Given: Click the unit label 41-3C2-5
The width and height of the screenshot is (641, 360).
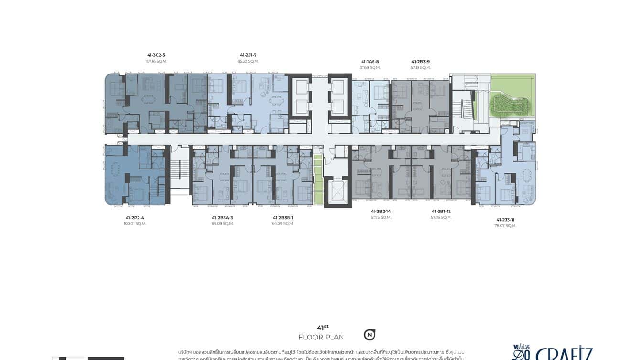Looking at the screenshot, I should (x=156, y=55).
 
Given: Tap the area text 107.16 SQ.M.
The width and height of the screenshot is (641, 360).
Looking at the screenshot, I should (x=156, y=61).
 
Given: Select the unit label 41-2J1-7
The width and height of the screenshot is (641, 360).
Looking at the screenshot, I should (x=248, y=55).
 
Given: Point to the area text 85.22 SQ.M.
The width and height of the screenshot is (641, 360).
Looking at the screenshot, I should (x=248, y=61).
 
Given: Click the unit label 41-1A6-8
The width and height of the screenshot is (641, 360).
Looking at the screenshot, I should (x=370, y=62).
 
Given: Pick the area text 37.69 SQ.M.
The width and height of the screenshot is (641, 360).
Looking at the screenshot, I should (x=370, y=68).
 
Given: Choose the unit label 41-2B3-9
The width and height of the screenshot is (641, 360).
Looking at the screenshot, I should (x=420, y=62).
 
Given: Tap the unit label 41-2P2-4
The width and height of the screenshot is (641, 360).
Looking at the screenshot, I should (x=135, y=218).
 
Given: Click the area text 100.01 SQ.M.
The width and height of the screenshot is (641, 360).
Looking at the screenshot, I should (x=135, y=224).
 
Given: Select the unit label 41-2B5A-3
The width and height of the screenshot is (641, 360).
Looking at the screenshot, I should (x=222, y=218).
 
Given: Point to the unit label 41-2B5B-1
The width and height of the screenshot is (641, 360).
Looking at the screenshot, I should (x=283, y=218).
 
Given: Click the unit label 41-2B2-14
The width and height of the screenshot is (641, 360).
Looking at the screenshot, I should (x=381, y=211).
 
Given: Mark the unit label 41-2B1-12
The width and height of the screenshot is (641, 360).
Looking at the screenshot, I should (x=441, y=211).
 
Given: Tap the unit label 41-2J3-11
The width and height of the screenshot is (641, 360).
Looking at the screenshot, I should (x=505, y=220).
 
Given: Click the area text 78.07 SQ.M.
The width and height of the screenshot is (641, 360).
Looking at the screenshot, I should (x=505, y=226).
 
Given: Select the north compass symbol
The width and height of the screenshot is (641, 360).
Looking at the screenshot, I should (x=369, y=335).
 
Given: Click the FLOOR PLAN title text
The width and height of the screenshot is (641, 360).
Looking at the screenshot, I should (x=321, y=338).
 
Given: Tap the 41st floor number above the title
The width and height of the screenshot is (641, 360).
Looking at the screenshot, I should (x=322, y=328).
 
